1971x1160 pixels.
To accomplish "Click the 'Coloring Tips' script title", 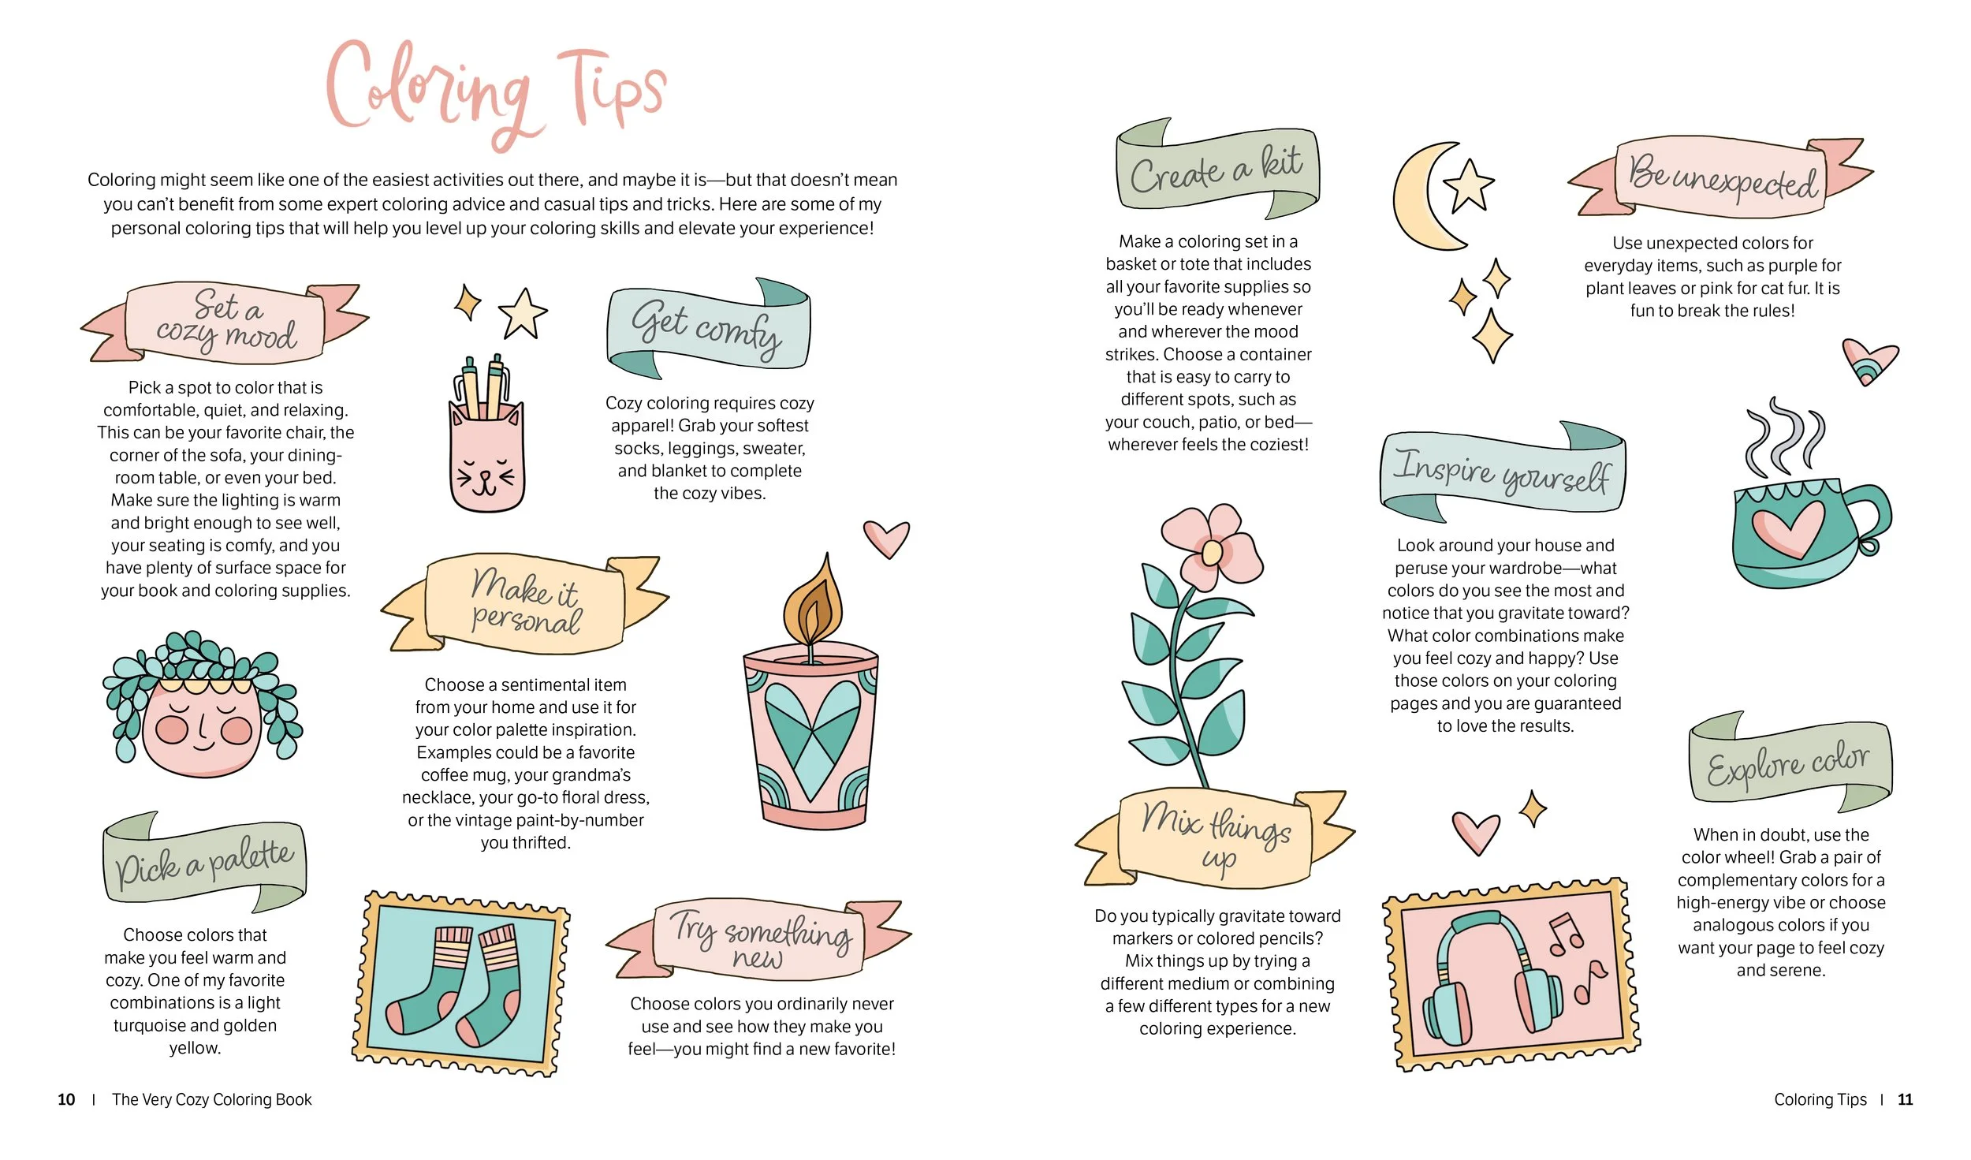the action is (497, 91).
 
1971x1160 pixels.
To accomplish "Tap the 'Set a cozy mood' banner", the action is (225, 323).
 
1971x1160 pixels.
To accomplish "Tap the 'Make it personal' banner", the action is (525, 603).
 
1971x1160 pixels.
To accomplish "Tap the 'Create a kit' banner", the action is (1217, 169).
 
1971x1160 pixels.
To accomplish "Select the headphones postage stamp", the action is (1511, 974).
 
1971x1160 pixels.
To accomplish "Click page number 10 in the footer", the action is (66, 1099).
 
